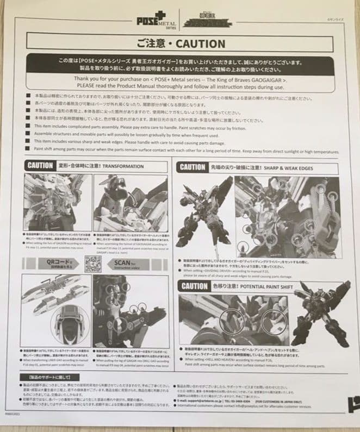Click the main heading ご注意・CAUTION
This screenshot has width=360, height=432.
[180, 43]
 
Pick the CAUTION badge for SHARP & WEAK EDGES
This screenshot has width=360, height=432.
[191, 168]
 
